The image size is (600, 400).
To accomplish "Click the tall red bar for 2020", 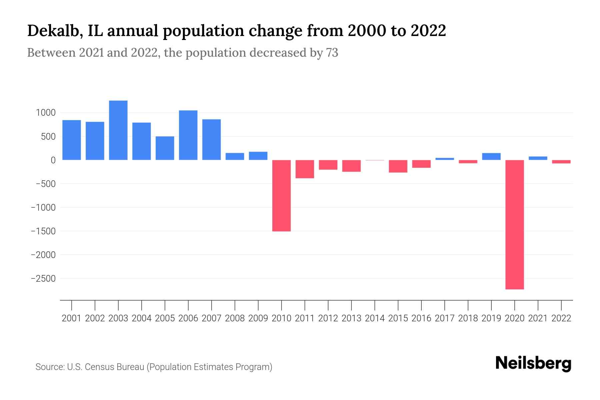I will pyautogui.click(x=515, y=224).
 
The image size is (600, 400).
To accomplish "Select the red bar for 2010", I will pyautogui.click(x=281, y=195).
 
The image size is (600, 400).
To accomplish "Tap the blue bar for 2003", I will pyautogui.click(x=118, y=130).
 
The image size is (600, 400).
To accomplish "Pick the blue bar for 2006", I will pyautogui.click(x=188, y=135).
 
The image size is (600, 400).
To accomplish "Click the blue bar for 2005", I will pyautogui.click(x=165, y=148).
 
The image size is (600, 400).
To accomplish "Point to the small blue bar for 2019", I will pyautogui.click(x=491, y=156).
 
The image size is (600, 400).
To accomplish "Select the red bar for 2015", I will pyautogui.click(x=398, y=166).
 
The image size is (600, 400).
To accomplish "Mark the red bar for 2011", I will pyautogui.click(x=305, y=169).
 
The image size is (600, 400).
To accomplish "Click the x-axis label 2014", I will pyautogui.click(x=375, y=318).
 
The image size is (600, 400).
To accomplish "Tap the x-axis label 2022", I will pyautogui.click(x=561, y=318).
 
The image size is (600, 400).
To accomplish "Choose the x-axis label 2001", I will pyautogui.click(x=72, y=318).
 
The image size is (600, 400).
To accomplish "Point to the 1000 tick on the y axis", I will pyautogui.click(x=46, y=113).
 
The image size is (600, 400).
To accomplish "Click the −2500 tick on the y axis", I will pyautogui.click(x=43, y=278).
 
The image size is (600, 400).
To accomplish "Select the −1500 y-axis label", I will pyautogui.click(x=43, y=231).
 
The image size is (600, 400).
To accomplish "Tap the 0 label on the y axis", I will pyautogui.click(x=53, y=160).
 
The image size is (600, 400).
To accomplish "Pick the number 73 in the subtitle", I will pyautogui.click(x=332, y=53).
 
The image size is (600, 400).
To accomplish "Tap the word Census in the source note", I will pyautogui.click(x=99, y=367).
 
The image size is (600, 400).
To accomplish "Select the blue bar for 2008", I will pyautogui.click(x=235, y=156).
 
